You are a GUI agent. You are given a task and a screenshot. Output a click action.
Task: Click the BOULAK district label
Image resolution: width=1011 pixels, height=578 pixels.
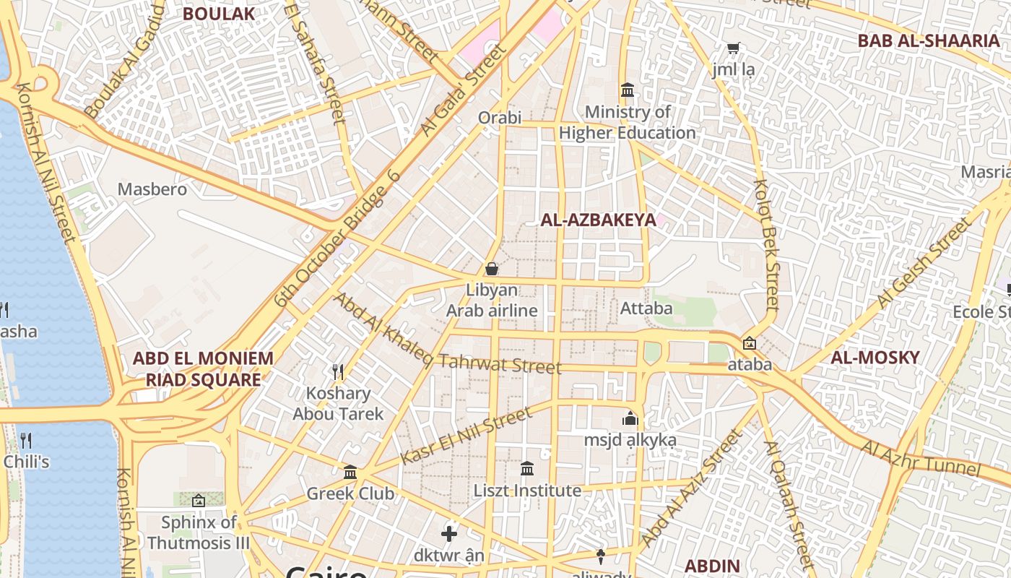click(219, 13)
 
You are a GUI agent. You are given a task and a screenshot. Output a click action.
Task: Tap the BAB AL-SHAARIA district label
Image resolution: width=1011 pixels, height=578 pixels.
click(928, 40)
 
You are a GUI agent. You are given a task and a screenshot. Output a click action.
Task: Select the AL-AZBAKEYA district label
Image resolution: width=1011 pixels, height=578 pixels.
click(599, 220)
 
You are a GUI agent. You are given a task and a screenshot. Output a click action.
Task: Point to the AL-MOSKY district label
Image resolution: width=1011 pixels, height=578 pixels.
click(875, 358)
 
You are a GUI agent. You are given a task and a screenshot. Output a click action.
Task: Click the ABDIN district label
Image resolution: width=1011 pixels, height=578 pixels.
click(712, 566)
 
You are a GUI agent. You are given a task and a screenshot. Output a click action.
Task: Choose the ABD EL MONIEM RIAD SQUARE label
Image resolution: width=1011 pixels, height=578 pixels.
click(203, 368)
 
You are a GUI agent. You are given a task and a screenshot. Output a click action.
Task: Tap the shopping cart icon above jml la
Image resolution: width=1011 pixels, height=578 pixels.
click(733, 48)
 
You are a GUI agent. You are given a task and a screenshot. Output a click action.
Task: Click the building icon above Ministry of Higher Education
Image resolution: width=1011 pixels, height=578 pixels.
click(628, 91)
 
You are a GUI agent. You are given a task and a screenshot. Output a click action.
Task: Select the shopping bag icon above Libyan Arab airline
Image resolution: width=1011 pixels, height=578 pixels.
click(492, 269)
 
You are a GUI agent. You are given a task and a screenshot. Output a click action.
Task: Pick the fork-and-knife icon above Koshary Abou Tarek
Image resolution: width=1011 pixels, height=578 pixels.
click(338, 372)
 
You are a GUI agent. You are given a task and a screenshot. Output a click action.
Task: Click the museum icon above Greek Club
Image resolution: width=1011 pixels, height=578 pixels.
click(350, 473)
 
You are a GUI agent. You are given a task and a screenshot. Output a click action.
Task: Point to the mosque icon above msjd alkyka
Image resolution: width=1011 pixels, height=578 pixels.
click(630, 419)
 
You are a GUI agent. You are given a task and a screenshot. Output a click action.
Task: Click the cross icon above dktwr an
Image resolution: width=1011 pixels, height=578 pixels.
click(448, 534)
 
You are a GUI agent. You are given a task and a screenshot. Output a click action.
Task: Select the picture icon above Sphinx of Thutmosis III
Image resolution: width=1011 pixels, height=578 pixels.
click(198, 500)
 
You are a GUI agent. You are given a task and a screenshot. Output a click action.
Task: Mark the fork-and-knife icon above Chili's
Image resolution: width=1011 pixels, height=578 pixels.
click(26, 439)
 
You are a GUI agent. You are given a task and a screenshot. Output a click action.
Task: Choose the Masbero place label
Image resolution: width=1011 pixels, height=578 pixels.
click(152, 189)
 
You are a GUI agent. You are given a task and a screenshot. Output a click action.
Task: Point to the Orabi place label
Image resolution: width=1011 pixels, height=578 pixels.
click(500, 117)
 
